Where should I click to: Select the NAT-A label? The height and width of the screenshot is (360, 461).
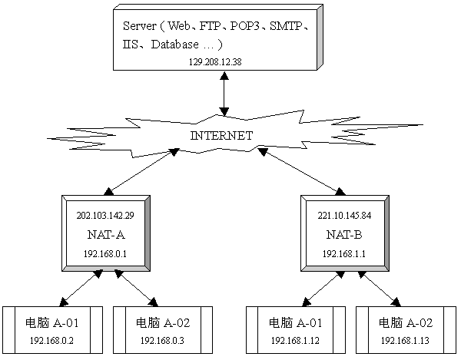(x=104, y=233)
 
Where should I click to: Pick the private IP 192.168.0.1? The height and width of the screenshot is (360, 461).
(x=104, y=252)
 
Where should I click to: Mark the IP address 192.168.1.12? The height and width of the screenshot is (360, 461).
(x=290, y=339)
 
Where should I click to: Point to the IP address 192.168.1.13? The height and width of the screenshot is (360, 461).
(x=400, y=339)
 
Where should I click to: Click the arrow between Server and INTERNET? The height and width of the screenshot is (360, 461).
(x=224, y=96)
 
